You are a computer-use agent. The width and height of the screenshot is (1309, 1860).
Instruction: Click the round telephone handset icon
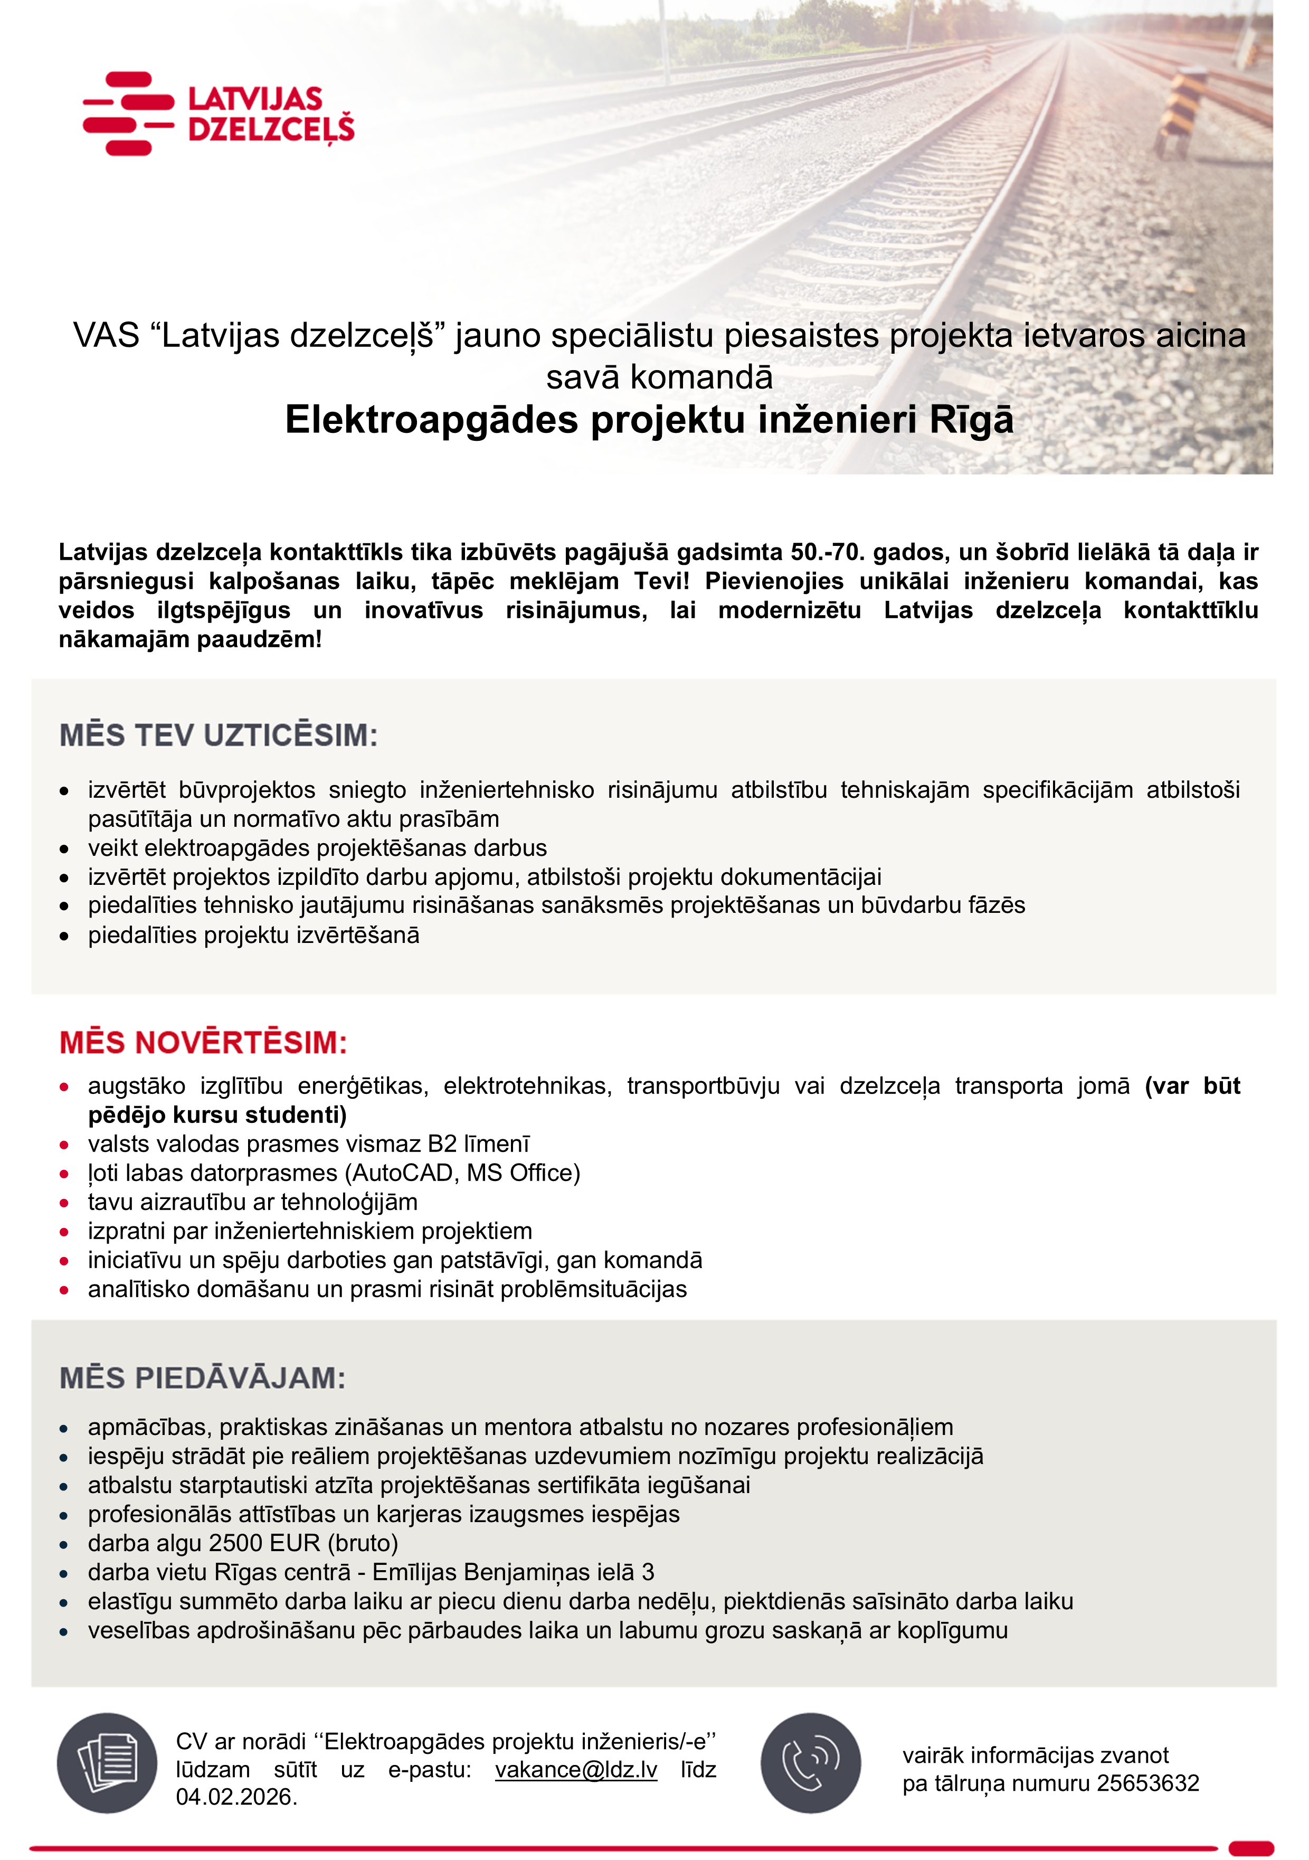tap(810, 1763)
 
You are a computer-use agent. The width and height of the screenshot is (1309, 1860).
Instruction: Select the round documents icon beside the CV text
tap(107, 1763)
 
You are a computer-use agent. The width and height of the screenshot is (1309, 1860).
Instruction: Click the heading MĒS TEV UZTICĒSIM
tap(219, 735)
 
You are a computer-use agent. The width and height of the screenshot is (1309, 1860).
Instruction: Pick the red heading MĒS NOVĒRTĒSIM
tap(203, 1043)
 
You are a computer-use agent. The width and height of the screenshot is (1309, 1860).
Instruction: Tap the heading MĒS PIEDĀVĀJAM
tap(203, 1378)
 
